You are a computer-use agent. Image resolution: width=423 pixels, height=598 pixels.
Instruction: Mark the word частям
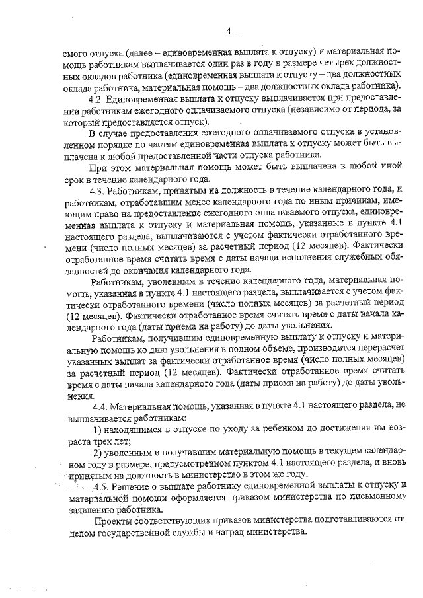pyautogui.click(x=145, y=145)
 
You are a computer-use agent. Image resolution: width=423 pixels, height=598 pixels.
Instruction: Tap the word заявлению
pyautogui.click(x=91, y=510)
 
